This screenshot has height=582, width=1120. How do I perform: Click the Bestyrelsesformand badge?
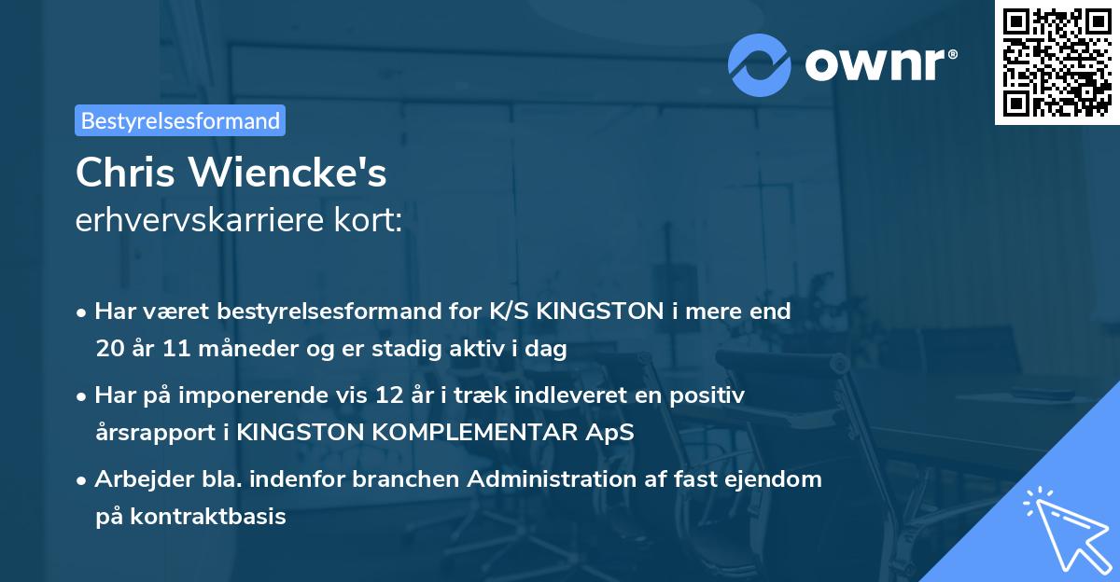click(x=180, y=120)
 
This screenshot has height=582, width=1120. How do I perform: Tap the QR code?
click(x=1057, y=62)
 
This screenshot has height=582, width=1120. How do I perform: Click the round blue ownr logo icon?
click(x=760, y=64)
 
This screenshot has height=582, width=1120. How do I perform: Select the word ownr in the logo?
click(x=880, y=64)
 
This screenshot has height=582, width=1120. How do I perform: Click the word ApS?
click(x=613, y=433)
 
